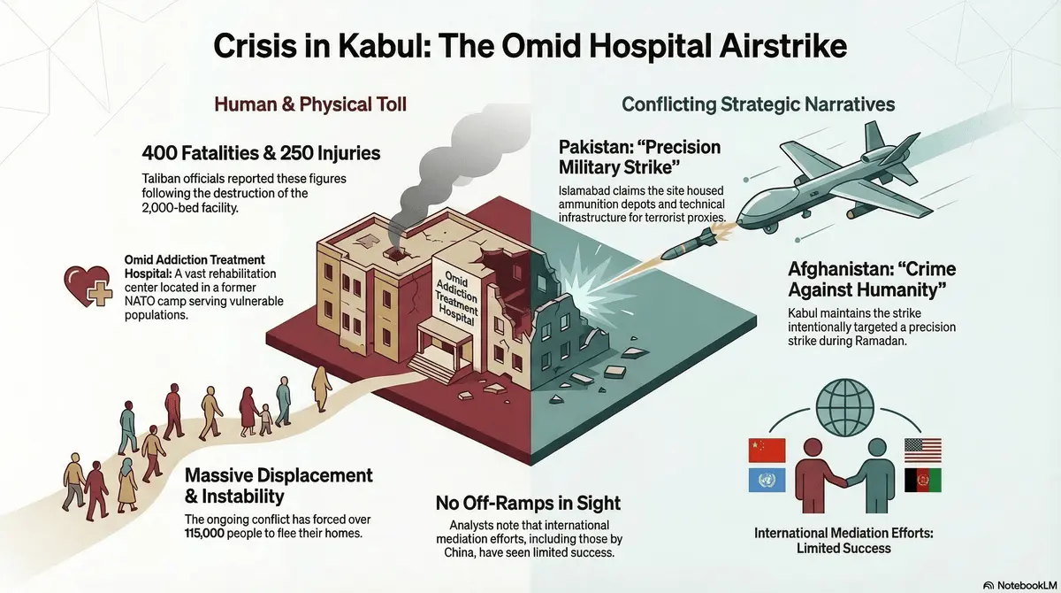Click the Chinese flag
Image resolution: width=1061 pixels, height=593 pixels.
click(x=761, y=450)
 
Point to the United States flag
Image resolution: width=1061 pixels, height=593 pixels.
click(x=922, y=450)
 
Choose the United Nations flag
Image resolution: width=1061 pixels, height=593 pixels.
click(x=761, y=481)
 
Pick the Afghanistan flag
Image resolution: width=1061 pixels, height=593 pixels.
click(x=922, y=481)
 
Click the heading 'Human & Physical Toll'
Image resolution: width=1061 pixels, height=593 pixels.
click(x=310, y=104)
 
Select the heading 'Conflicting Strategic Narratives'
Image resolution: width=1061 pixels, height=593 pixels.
click(x=758, y=104)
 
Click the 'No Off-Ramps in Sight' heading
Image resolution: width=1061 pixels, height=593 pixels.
click(x=528, y=504)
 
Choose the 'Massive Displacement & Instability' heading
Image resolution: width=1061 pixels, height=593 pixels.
click(x=278, y=486)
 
